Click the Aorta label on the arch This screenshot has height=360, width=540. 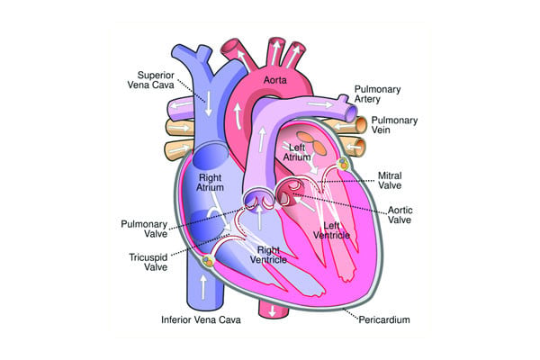(274, 80)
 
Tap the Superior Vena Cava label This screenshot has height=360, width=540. (151, 80)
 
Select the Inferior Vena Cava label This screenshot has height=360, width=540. (201, 319)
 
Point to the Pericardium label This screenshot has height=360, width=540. (384, 319)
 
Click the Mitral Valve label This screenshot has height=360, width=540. (390, 181)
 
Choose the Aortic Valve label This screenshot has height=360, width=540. (400, 215)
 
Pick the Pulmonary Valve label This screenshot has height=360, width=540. (144, 229)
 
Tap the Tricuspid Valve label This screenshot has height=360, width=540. (148, 262)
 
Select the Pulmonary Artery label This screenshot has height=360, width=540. (377, 94)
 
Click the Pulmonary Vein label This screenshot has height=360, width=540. (394, 125)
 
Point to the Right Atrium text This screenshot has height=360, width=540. (210, 183)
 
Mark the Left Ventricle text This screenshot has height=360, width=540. (331, 230)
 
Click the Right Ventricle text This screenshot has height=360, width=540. (268, 255)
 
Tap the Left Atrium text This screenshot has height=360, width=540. (297, 152)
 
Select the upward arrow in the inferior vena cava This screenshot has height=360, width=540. (203, 286)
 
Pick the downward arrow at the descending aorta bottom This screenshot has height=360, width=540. (273, 310)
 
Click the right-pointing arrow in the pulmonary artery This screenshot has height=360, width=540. (320, 103)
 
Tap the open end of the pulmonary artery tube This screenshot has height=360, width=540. (352, 113)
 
